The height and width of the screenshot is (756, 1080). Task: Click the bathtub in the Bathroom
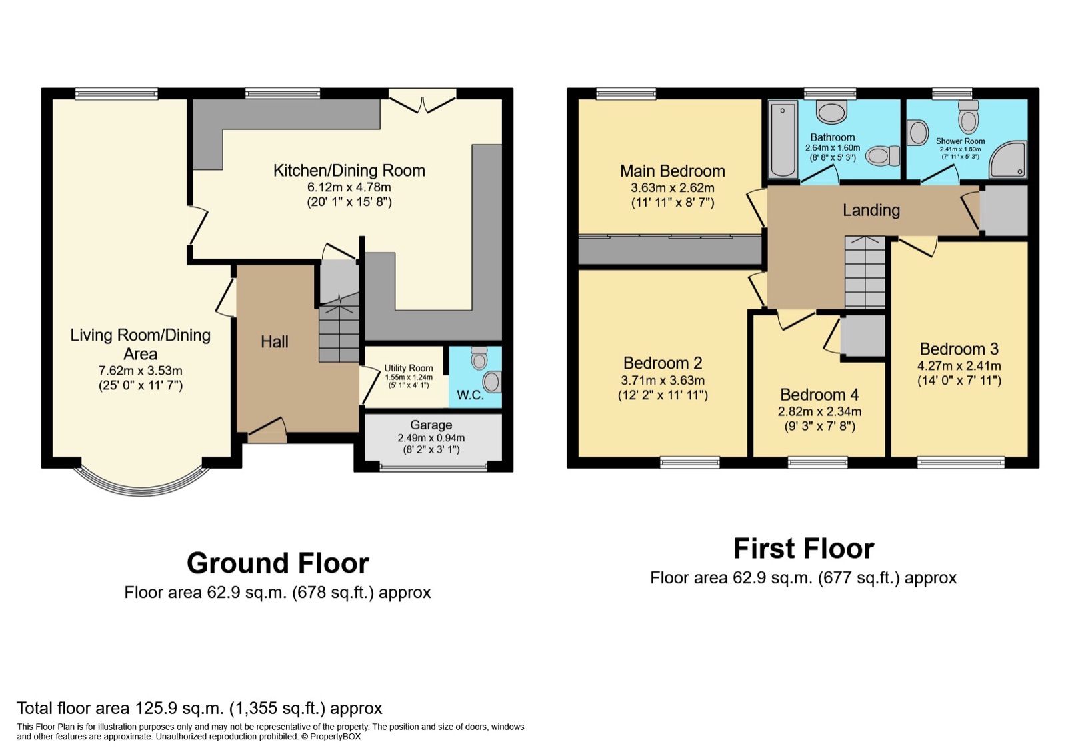[x=783, y=139]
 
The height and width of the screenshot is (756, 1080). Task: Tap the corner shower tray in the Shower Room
[x=1009, y=159]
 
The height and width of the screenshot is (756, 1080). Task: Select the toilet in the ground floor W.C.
[x=479, y=358]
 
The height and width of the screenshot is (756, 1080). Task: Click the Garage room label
[x=431, y=425]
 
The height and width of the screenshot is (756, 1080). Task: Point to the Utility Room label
[x=409, y=368]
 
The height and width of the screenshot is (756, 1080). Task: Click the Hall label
[x=275, y=342]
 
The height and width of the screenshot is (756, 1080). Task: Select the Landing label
[x=871, y=210]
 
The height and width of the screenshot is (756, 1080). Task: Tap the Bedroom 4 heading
[x=819, y=395]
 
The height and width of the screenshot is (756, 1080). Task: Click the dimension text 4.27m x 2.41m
[x=959, y=366]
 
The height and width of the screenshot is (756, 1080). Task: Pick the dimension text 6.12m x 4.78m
[x=349, y=187]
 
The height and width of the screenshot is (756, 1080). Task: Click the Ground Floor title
[x=278, y=563]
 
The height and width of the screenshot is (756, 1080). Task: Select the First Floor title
[x=804, y=549]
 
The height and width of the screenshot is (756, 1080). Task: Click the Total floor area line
[x=199, y=708]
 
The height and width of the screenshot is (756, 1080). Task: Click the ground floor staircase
[x=339, y=328]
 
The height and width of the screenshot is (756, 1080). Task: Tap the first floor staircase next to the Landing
[x=865, y=273]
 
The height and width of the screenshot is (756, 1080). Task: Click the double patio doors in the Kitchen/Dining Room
[x=423, y=101]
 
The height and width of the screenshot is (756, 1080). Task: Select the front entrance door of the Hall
[x=267, y=431]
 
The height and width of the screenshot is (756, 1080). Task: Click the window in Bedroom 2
[x=690, y=463]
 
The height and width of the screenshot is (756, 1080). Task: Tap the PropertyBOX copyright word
[x=335, y=737]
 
